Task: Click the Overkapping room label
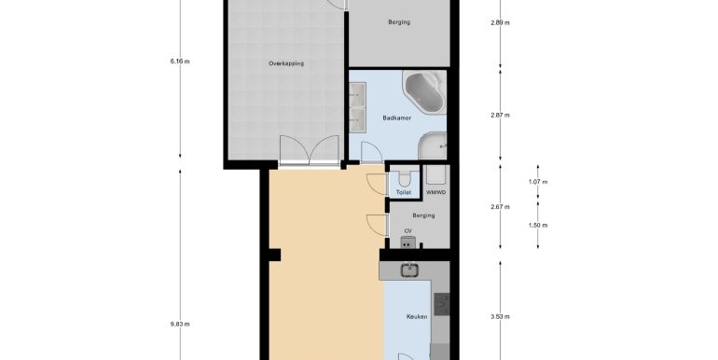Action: pos(286,63)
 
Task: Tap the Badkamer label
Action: pos(396,118)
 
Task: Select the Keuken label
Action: pos(417,316)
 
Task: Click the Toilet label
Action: pos(404,193)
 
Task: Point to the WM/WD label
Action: pos(435,193)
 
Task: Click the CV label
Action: pos(407,231)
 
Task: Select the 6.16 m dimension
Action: pos(179,61)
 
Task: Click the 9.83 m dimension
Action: pos(179,325)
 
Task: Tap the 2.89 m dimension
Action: pos(500,22)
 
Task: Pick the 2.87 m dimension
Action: pos(500,116)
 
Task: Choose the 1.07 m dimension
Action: pos(538,182)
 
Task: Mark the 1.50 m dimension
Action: pos(538,226)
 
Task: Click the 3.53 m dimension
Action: pos(500,316)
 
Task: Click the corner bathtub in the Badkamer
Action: pos(426,92)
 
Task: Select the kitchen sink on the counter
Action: pos(409,270)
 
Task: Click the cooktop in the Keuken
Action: pos(441,304)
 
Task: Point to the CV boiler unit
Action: pos(408,242)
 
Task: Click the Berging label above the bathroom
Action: pos(399,22)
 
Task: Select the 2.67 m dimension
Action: pos(500,207)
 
